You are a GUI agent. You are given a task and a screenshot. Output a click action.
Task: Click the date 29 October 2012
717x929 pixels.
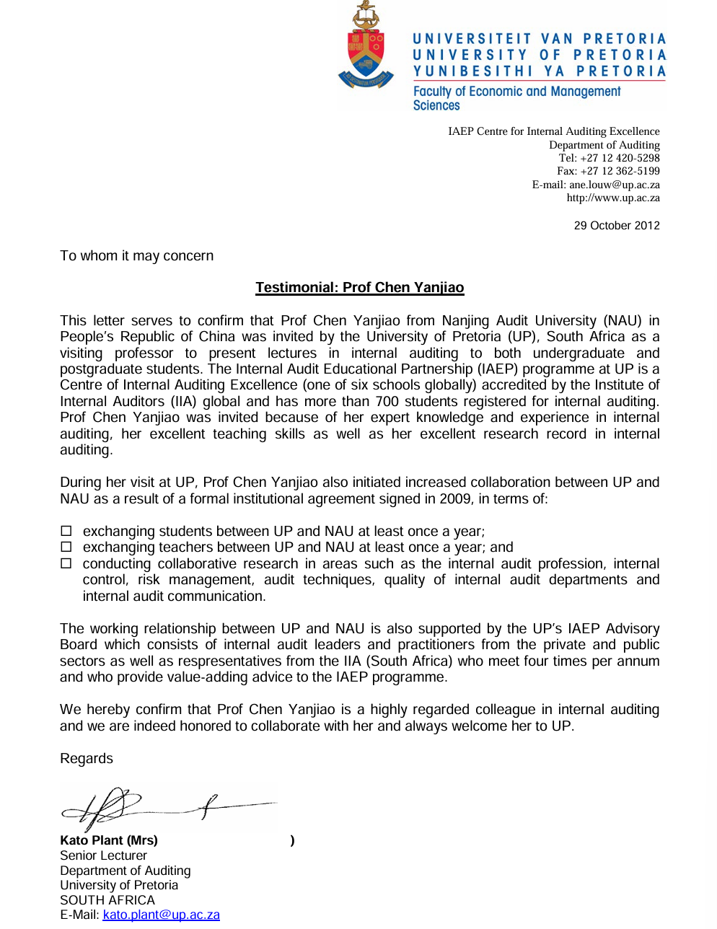point(617,226)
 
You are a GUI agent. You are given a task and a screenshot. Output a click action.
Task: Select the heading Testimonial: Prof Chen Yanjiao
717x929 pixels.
point(360,288)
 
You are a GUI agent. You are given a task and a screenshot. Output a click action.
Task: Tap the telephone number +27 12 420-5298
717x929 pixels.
point(620,158)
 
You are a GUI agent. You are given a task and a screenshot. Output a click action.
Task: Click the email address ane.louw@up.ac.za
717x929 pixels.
point(615,185)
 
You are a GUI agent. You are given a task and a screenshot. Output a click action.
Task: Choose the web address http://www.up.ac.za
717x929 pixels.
point(613,198)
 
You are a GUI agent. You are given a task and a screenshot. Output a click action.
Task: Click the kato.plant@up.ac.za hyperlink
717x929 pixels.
point(161,915)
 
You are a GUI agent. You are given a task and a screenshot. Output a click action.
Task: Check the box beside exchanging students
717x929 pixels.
point(66,532)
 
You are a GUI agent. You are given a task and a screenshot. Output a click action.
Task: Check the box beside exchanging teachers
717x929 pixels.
point(66,547)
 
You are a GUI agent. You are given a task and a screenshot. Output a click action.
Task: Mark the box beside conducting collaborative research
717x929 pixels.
point(66,564)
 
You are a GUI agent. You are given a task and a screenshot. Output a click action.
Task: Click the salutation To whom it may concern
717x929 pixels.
point(137,256)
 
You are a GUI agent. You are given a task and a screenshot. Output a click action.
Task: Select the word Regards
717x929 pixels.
point(87,759)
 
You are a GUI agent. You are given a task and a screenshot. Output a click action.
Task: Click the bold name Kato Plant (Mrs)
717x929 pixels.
point(109,840)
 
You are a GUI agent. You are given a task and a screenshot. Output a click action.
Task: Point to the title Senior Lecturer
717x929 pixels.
point(103,855)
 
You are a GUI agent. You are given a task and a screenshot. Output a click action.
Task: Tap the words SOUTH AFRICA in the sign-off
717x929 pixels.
point(107,900)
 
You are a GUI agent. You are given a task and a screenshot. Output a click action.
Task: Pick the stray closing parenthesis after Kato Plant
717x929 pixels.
point(292,840)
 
